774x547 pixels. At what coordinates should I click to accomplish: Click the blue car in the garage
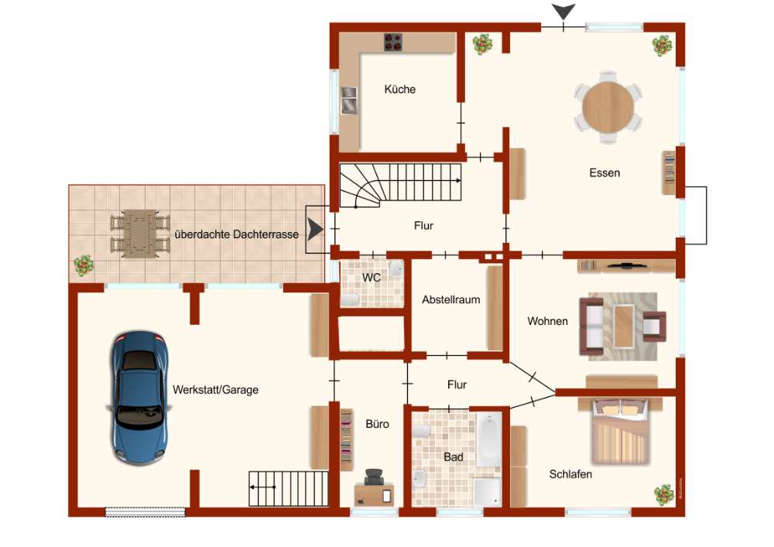click(x=139, y=398)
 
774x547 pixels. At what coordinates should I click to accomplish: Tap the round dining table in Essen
click(x=608, y=107)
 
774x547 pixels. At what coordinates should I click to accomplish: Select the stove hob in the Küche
click(x=393, y=43)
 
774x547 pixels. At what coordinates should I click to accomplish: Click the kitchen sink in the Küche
click(x=349, y=100)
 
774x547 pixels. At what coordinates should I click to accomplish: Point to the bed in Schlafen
click(x=621, y=431)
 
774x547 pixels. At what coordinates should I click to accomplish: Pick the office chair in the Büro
click(x=374, y=477)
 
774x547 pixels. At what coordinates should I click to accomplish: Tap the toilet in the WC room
click(x=350, y=299)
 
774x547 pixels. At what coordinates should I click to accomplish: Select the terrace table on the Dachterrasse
click(x=140, y=234)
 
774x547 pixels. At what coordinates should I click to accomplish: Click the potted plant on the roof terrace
click(x=84, y=265)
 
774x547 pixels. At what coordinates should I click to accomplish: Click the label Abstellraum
click(x=450, y=299)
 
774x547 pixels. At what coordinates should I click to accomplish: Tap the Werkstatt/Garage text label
click(x=215, y=390)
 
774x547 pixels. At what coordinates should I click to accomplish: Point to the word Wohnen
click(x=547, y=321)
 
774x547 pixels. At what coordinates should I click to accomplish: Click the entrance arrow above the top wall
click(x=563, y=12)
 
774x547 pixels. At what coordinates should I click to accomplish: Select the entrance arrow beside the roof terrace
click(x=315, y=229)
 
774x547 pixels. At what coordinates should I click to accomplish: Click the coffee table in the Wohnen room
click(x=624, y=326)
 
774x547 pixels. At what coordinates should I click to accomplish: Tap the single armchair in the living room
click(x=655, y=326)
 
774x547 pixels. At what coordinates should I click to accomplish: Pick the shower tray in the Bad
click(x=488, y=492)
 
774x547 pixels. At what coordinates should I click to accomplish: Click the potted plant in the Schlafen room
click(x=663, y=494)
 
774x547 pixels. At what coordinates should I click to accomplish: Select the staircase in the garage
click(x=288, y=488)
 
